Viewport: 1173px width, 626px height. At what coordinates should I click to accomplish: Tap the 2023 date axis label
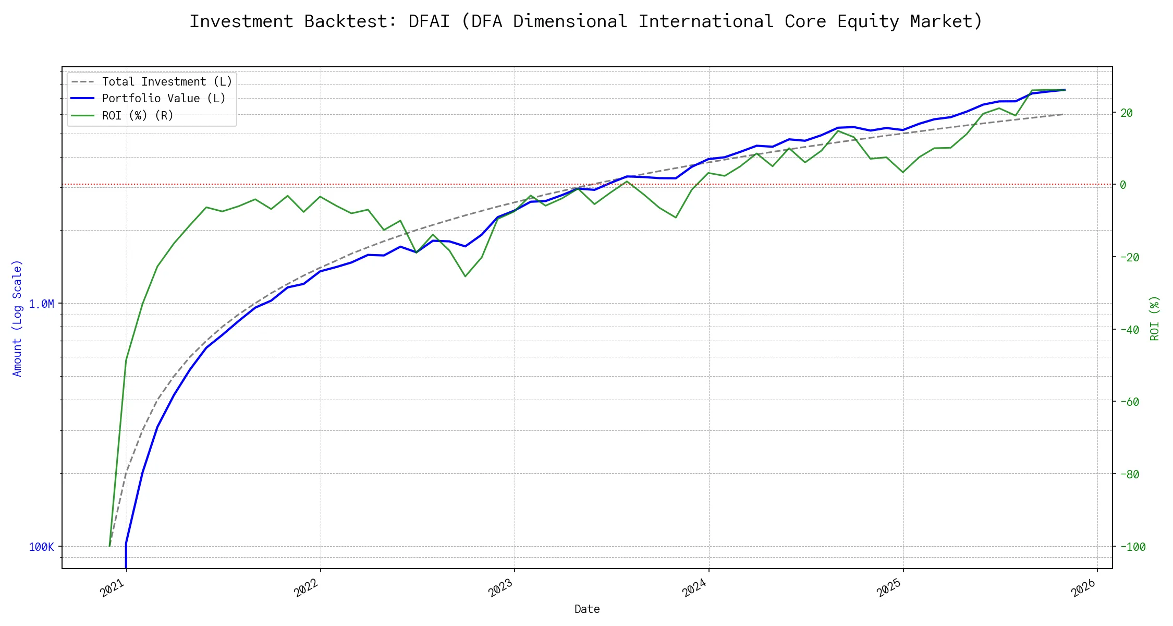[x=500, y=588]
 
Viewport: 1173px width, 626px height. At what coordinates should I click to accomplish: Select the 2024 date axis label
[x=694, y=588]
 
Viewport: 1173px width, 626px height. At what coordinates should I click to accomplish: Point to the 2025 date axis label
[x=889, y=588]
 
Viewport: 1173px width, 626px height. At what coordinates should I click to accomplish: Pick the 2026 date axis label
[x=1083, y=588]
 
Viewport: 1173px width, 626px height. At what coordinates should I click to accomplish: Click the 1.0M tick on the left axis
[x=41, y=304]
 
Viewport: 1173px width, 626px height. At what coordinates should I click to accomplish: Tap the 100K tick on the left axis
[x=41, y=547]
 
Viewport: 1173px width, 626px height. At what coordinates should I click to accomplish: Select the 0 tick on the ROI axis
[x=1123, y=185]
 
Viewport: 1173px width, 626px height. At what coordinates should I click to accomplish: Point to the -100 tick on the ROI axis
[x=1132, y=547]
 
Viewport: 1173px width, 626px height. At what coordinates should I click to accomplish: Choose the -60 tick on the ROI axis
[x=1129, y=402]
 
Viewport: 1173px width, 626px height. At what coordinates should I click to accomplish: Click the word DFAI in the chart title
[x=429, y=21]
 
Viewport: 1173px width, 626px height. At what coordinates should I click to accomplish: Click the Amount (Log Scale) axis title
[x=17, y=318]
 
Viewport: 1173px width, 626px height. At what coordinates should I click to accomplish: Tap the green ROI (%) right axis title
[x=1154, y=318]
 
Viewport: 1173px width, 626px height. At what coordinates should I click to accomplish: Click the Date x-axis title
[x=587, y=609]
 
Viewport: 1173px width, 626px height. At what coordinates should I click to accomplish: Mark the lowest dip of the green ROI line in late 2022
[x=465, y=276]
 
